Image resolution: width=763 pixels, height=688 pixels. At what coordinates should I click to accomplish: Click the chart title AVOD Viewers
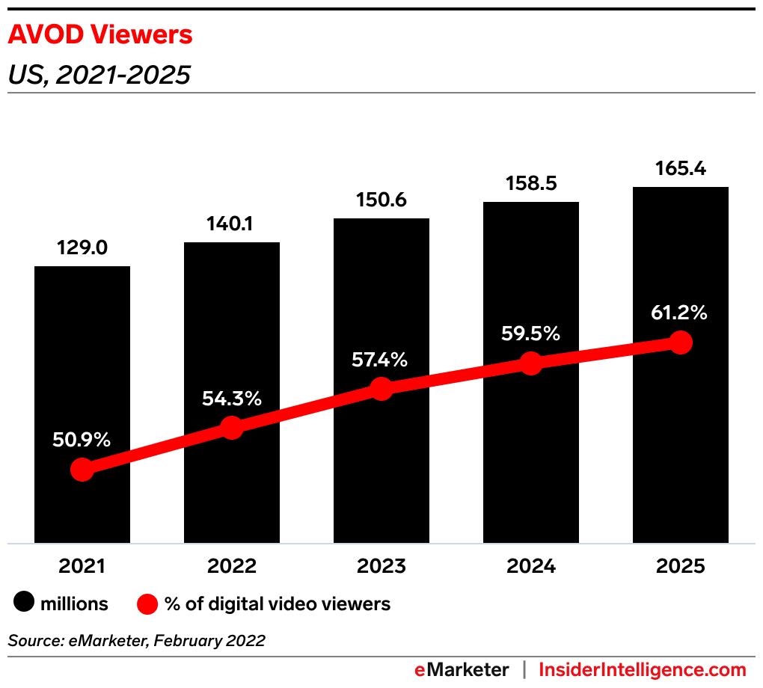click(x=100, y=34)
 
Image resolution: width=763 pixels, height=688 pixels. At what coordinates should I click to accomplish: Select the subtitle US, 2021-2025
click(x=99, y=75)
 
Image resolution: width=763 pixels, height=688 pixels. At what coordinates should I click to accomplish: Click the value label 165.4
click(x=680, y=168)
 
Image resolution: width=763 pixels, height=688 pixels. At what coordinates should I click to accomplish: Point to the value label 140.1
click(x=232, y=224)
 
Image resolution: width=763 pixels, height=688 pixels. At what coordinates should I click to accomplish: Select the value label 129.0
click(x=82, y=248)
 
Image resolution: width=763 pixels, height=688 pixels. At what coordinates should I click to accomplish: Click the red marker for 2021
click(x=82, y=470)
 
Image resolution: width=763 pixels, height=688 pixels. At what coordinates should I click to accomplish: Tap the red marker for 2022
click(x=232, y=428)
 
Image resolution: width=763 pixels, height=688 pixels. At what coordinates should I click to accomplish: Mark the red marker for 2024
click(x=531, y=363)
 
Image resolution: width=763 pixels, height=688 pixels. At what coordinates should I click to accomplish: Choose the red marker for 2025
click(x=680, y=343)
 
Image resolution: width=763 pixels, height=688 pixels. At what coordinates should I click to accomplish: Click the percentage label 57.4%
click(x=380, y=360)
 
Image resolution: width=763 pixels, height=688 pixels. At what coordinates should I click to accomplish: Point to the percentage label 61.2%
click(x=679, y=313)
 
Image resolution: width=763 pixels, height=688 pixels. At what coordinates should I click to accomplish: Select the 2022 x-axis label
click(x=232, y=566)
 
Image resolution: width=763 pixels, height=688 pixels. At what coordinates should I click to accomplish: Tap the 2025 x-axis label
click(x=680, y=566)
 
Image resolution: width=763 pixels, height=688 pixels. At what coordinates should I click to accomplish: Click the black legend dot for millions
click(x=25, y=603)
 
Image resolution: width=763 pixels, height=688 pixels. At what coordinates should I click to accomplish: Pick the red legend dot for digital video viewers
click(x=147, y=603)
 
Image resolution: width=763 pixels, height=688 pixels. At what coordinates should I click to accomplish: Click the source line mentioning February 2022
click(x=136, y=641)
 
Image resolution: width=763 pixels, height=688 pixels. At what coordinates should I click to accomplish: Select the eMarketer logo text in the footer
click(x=462, y=669)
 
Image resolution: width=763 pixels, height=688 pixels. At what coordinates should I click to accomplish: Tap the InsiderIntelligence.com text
click(x=643, y=669)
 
